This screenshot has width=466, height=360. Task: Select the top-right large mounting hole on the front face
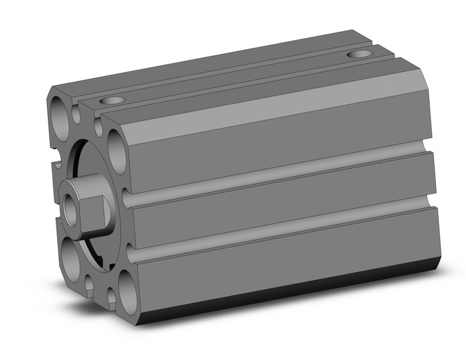click(116, 144)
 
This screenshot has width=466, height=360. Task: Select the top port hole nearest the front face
click(112, 100)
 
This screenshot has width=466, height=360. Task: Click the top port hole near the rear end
click(359, 54)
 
